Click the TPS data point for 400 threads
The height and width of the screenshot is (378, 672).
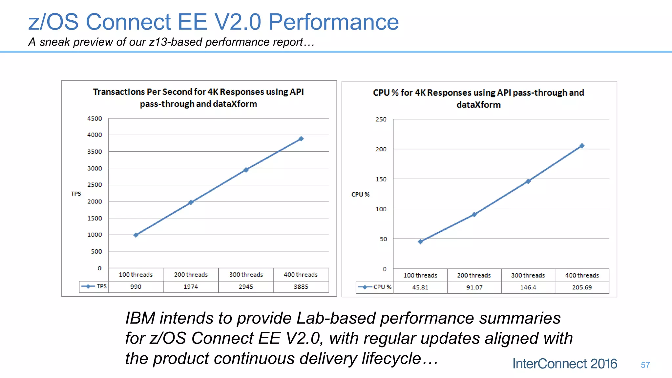pyautogui.click(x=301, y=139)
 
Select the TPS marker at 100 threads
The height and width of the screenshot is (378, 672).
pyautogui.click(x=136, y=235)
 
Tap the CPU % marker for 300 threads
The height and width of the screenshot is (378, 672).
pyautogui.click(x=528, y=181)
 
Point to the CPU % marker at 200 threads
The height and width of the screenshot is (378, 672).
pyautogui.click(x=474, y=215)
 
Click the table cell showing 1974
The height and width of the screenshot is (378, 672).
pyautogui.click(x=191, y=287)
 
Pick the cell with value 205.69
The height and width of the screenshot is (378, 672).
pyautogui.click(x=582, y=287)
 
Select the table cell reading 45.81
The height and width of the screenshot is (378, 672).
pyautogui.click(x=420, y=287)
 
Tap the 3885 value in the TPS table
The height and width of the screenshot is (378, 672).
pyautogui.click(x=301, y=287)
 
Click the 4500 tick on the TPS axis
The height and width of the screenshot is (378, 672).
pyautogui.click(x=94, y=118)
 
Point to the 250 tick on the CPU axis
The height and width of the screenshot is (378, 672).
pyautogui.click(x=381, y=119)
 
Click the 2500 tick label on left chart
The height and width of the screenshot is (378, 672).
pyautogui.click(x=94, y=185)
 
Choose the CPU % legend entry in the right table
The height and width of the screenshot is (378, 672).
pyautogui.click(x=375, y=287)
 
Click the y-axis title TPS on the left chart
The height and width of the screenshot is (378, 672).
pyautogui.click(x=76, y=194)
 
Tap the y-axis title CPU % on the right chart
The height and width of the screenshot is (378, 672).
pyautogui.click(x=360, y=195)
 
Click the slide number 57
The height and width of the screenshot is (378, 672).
pyautogui.click(x=645, y=365)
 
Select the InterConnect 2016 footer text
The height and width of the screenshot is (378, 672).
pyautogui.click(x=564, y=364)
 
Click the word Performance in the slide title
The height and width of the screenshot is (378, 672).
pyautogui.click(x=333, y=22)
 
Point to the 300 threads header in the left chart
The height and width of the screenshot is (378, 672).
pyautogui.click(x=246, y=275)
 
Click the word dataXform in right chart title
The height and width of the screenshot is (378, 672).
pyautogui.click(x=478, y=105)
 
